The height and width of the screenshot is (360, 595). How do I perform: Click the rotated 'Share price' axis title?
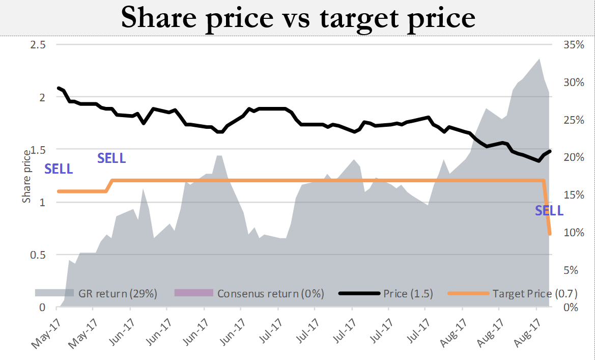click(26, 176)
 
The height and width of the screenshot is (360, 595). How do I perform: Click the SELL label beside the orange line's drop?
click(549, 211)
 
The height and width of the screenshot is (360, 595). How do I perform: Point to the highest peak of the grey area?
click(539, 59)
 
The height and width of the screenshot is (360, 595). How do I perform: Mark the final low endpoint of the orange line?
click(550, 234)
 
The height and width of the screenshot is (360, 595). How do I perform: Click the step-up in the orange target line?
click(109, 186)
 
